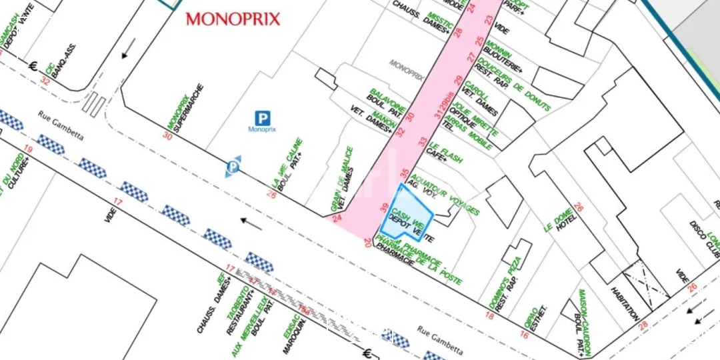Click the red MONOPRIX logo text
coord(233,19)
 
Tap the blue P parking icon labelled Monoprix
coord(263,119)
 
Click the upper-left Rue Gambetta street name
coord(61,125)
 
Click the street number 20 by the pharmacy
coord(367,243)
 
